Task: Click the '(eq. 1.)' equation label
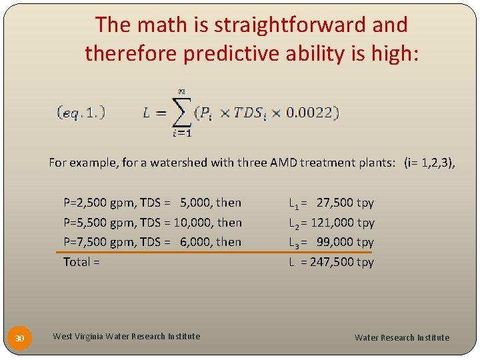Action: click(81, 112)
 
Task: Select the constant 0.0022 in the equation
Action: click(309, 112)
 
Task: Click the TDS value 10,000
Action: click(193, 223)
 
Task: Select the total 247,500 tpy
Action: click(341, 262)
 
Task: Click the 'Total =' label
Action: click(81, 262)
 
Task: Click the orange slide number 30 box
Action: click(20, 339)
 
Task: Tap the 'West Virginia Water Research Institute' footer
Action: click(126, 337)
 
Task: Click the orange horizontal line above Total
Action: click(213, 253)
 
